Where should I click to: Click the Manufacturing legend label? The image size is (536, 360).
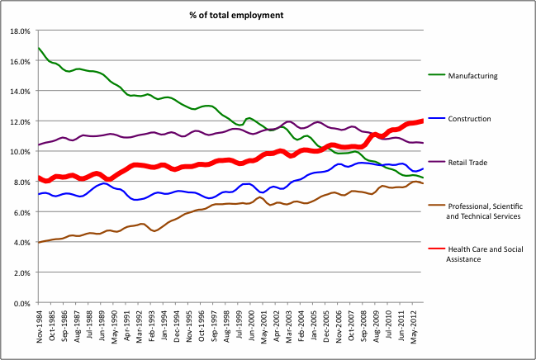(472, 75)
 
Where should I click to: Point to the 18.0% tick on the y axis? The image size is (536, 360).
(19, 31)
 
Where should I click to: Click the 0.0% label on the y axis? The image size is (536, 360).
(21, 304)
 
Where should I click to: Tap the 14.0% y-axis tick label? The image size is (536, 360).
(19, 92)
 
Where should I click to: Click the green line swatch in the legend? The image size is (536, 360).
(436, 75)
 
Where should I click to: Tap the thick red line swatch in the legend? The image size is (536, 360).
(436, 249)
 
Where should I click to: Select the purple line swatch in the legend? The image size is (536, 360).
(436, 163)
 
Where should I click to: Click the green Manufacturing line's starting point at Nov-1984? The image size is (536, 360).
(38, 48)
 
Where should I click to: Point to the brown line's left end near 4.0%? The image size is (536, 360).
(38, 243)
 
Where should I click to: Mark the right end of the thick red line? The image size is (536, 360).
(423, 121)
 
